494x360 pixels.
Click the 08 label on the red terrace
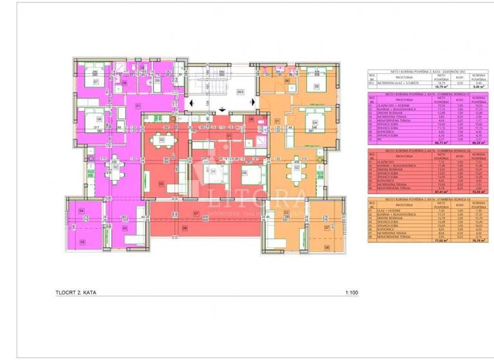[184, 227]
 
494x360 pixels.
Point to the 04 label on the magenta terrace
[82, 211]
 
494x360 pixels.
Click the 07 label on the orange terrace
[326, 228]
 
